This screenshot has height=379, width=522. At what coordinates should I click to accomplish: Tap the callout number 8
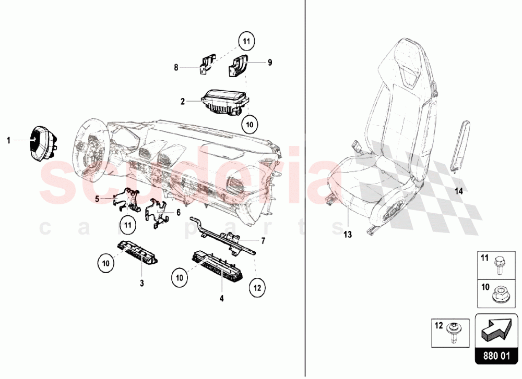point(176,68)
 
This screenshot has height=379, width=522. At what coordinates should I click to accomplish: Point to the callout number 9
point(270,62)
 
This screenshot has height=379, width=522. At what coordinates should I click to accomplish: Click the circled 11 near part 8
point(246,42)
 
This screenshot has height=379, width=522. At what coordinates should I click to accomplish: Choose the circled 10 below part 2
point(250,125)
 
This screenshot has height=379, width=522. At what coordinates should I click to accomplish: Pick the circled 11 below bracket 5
point(128,225)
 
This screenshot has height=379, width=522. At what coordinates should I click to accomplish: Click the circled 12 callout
point(257,288)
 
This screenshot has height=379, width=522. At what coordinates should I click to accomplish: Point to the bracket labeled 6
point(157,213)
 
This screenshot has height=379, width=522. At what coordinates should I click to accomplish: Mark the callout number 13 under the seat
point(348,235)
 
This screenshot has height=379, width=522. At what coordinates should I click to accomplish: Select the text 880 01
point(496,357)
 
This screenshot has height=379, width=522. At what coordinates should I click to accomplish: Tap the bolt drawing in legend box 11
point(499,265)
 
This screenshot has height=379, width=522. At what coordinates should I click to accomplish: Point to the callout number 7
point(263,241)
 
